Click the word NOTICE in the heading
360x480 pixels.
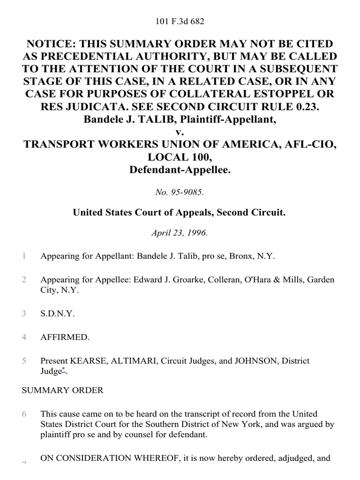pyautogui.click(x=51, y=44)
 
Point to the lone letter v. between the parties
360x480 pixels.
pyautogui.click(x=180, y=131)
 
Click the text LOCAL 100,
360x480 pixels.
pyautogui.click(x=180, y=156)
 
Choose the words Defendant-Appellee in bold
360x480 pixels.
pyautogui.click(x=180, y=168)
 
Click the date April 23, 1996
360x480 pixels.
pyautogui.click(x=180, y=233)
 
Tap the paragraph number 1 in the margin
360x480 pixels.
pyautogui.click(x=23, y=256)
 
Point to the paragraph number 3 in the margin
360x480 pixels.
pyautogui.click(x=23, y=314)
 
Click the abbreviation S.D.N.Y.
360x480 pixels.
pyautogui.click(x=58, y=314)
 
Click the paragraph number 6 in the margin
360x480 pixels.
pyautogui.click(x=23, y=414)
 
